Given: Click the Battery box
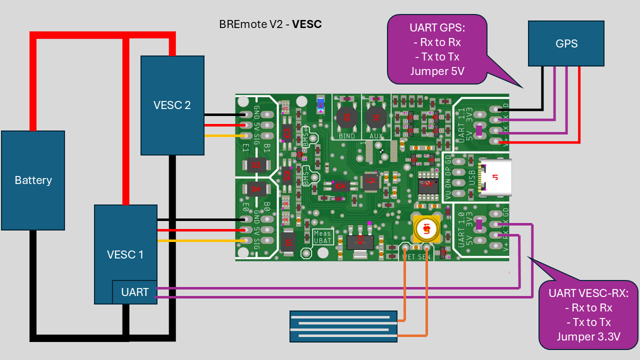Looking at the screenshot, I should point(33,180).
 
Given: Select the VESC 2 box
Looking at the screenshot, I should point(172,105).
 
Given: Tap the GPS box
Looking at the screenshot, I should point(566,43).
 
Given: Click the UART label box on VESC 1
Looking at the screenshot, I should point(134,292).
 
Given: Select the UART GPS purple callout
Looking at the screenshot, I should point(437,48).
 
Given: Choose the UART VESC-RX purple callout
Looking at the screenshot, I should point(588,314).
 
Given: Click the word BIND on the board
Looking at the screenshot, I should point(347,136).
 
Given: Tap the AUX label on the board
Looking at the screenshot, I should point(375,136).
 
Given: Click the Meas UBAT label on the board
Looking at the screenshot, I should point(322,237).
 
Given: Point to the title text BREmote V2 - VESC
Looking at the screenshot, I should point(270,24).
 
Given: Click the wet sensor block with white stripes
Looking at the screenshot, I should point(343,326).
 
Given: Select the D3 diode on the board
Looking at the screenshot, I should point(255,164).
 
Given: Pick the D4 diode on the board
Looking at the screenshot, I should point(255,189).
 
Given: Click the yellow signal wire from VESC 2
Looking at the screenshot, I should point(222,135).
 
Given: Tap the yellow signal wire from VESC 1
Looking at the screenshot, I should point(200,240).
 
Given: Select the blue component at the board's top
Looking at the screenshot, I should point(320,104).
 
